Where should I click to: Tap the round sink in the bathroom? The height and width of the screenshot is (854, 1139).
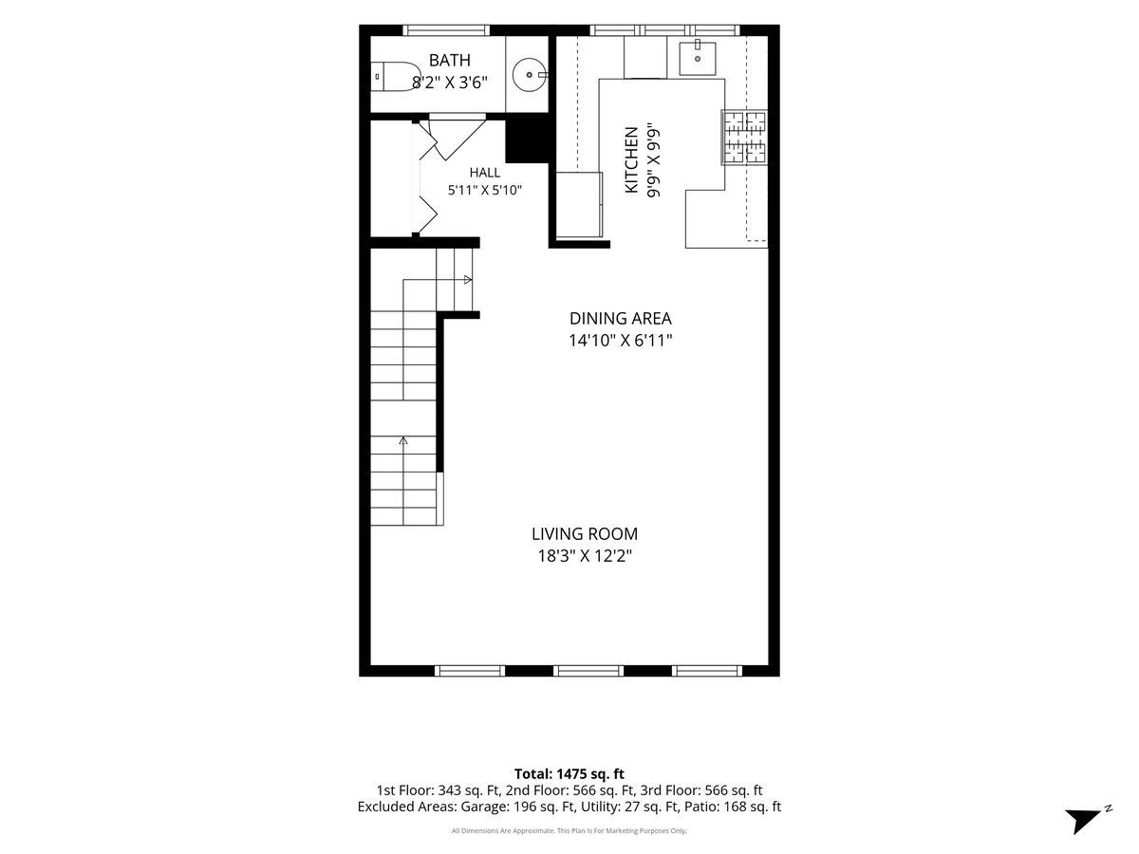(530, 75)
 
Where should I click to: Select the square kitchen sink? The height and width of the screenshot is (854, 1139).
(698, 58)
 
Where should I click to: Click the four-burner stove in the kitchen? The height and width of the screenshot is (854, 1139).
(743, 138)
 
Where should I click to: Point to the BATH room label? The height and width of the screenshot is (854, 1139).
(449, 60)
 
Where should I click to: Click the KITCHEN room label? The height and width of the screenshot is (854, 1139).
(631, 160)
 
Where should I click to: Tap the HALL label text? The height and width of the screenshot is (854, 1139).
(485, 172)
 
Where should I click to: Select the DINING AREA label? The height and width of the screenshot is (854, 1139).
(620, 318)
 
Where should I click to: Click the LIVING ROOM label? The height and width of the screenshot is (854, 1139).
(585, 533)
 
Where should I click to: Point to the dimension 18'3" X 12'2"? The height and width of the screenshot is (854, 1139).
(585, 556)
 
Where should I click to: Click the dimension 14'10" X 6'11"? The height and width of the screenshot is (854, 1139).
(620, 340)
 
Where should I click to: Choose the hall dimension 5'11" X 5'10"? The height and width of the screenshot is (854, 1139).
(485, 190)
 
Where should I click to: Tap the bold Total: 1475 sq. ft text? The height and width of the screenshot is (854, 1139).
(569, 774)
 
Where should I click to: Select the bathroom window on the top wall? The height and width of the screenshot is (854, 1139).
(446, 30)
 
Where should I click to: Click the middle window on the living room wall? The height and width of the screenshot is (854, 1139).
(588, 671)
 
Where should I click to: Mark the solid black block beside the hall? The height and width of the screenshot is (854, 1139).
(527, 141)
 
